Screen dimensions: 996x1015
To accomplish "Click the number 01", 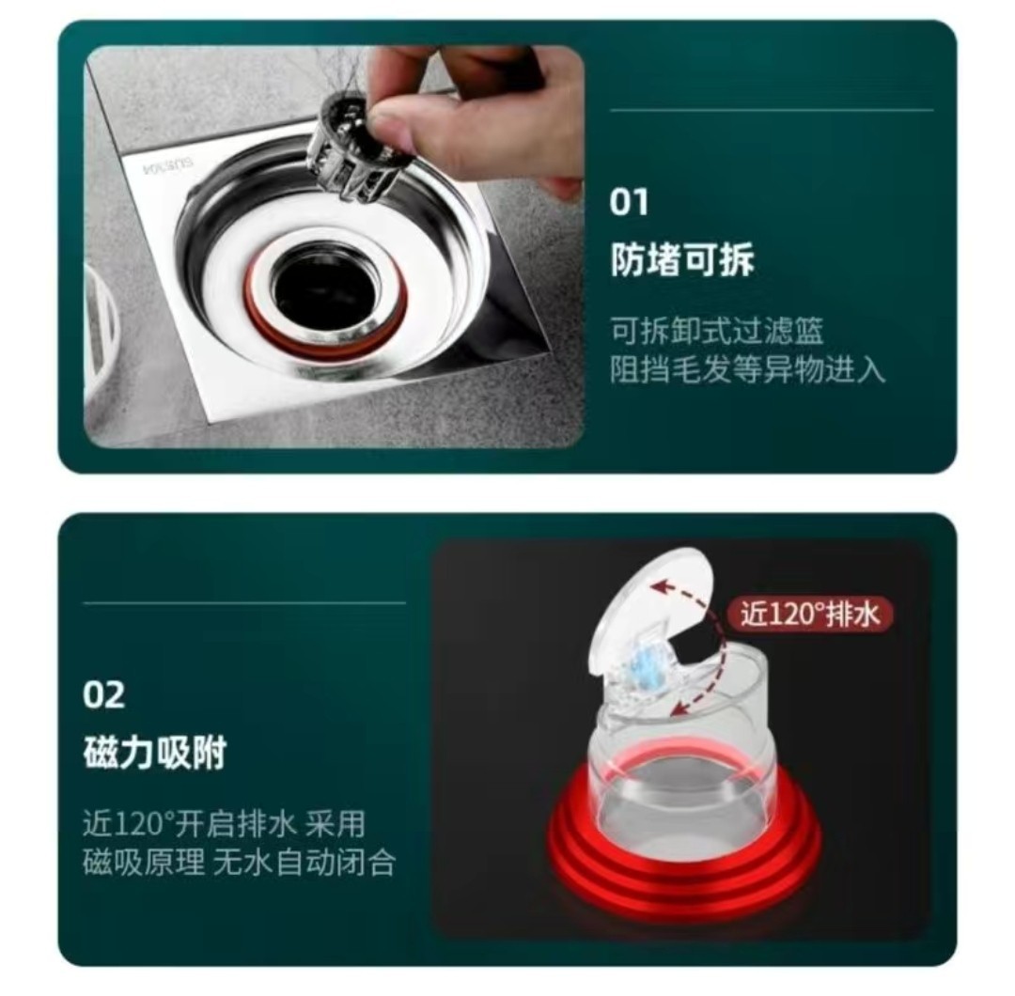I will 630,202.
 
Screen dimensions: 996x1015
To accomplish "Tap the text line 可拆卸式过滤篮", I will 717,331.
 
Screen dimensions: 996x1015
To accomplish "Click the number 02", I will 103,695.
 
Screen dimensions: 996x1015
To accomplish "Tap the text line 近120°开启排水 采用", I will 223,824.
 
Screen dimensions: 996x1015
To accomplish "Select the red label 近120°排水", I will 809,615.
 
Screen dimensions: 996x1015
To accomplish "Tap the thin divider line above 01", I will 772,110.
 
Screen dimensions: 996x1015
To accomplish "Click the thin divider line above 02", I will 244,602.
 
